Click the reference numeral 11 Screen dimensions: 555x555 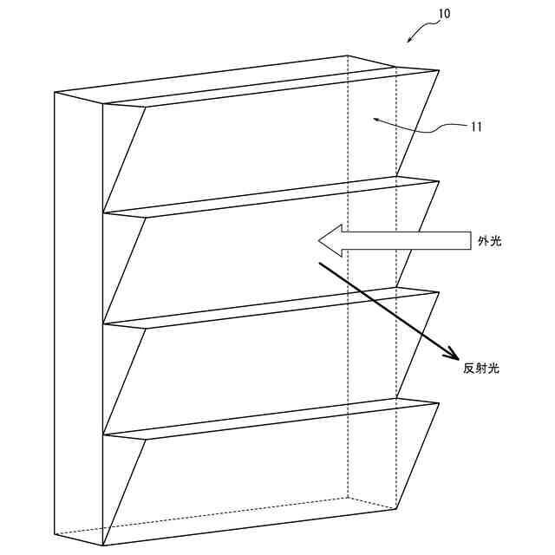tap(476, 127)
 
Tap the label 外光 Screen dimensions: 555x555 tap(489, 242)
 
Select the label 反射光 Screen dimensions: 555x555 tap(481, 369)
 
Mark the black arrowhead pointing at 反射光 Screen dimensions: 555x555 tap(451, 352)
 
